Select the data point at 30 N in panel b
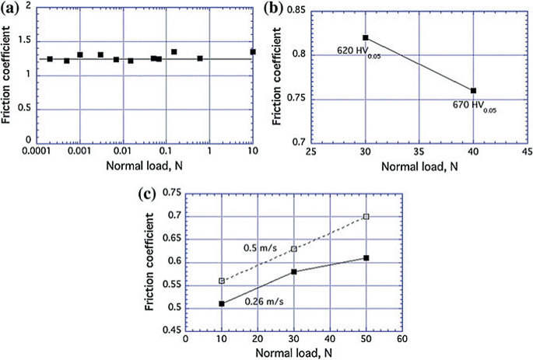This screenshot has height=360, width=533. [365, 37]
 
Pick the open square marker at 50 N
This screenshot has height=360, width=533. [366, 216]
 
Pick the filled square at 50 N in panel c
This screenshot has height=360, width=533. [366, 257]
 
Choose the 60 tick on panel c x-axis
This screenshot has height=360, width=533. [402, 339]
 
